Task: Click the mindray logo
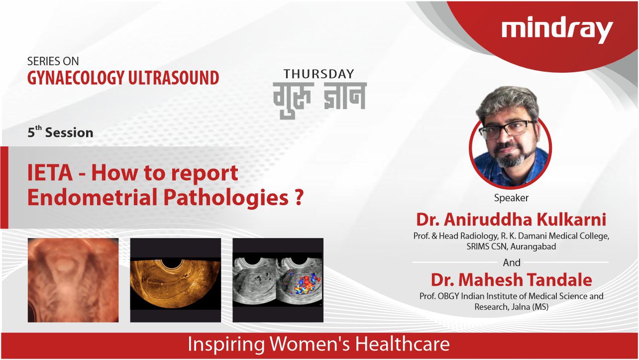tap(557, 31)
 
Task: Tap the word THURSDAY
tap(319, 74)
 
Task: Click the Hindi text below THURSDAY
tap(319, 100)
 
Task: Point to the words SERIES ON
tap(53, 61)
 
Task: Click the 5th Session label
tap(61, 132)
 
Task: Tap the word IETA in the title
tap(50, 173)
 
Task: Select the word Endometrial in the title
tap(93, 197)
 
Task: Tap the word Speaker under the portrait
tap(511, 198)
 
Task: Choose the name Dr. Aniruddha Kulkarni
tap(511, 219)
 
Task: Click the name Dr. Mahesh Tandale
tap(511, 279)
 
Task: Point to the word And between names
tap(512, 262)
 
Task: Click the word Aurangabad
tap(533, 246)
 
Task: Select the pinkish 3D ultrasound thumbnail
tap(73, 280)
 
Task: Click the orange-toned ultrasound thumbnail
tap(176, 280)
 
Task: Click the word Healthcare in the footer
tap(402, 344)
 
